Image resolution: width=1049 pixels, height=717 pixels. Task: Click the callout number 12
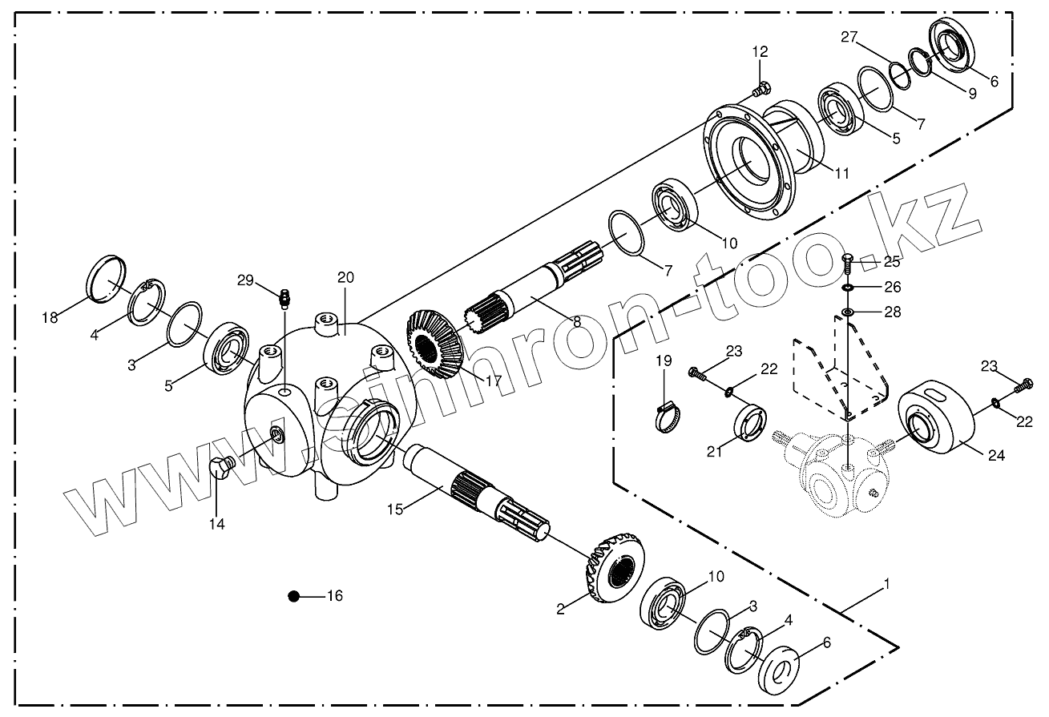pyautogui.click(x=760, y=52)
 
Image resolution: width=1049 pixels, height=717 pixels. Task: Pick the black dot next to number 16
pyautogui.click(x=294, y=595)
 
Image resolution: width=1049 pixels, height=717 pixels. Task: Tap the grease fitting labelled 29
pyautogui.click(x=283, y=300)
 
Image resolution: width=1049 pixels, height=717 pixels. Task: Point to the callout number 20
pyautogui.click(x=345, y=278)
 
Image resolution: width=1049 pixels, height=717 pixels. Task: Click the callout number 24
pyautogui.click(x=995, y=456)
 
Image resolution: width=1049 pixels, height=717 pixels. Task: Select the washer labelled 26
pyautogui.click(x=848, y=287)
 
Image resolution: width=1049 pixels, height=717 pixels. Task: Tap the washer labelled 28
pyautogui.click(x=847, y=311)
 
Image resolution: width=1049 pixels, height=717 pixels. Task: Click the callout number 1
pyautogui.click(x=886, y=586)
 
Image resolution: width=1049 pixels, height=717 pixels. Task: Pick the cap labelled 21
pyautogui.click(x=749, y=421)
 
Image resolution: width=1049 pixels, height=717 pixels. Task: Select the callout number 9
pyautogui.click(x=972, y=93)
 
